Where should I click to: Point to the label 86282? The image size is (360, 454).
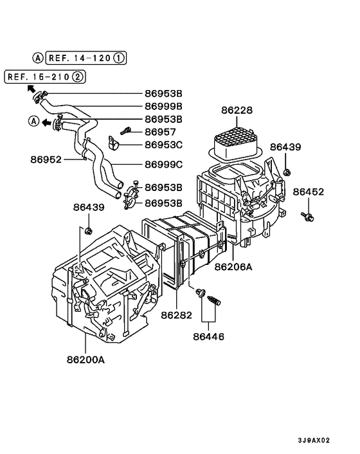(x=177, y=315)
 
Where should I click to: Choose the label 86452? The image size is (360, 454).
(x=309, y=192)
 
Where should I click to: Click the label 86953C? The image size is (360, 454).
(x=163, y=144)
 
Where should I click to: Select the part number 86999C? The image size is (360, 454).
(x=163, y=165)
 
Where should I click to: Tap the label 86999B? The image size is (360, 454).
(x=163, y=106)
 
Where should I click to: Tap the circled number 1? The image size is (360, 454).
(x=120, y=58)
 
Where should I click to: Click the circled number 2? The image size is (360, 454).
(x=78, y=78)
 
